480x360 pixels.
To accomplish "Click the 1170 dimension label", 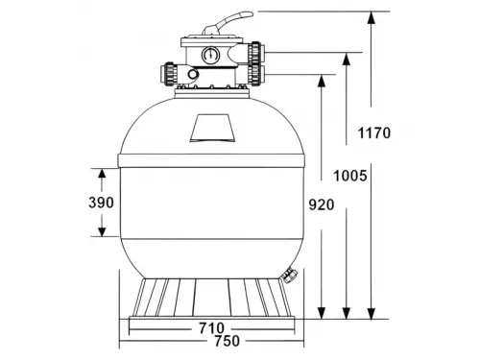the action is click(x=373, y=132).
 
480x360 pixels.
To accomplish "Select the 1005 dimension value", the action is click(x=350, y=176).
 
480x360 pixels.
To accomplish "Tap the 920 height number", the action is click(x=322, y=204).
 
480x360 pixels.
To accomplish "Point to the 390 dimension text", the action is click(x=101, y=203).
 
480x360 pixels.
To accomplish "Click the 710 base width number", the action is click(x=211, y=328).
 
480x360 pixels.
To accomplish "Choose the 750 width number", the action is click(x=227, y=341).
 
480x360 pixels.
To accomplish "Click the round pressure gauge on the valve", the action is click(x=210, y=55).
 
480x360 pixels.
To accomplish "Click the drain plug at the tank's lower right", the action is click(x=289, y=275).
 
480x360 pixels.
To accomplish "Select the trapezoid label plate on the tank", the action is click(x=212, y=128).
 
